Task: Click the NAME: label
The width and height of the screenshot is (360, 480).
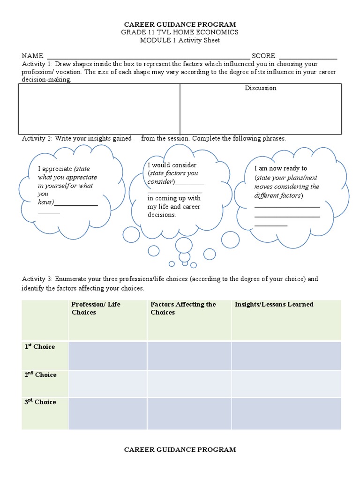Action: tap(33, 55)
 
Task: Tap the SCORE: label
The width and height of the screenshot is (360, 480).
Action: tap(264, 55)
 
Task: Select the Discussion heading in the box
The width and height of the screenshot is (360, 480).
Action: tap(261, 88)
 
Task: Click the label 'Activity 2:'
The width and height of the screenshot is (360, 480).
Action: tap(37, 139)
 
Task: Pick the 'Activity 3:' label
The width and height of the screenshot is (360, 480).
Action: tap(37, 279)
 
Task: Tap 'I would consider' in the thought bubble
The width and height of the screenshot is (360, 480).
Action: tap(172, 165)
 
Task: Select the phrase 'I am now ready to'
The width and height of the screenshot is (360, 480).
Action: tap(281, 168)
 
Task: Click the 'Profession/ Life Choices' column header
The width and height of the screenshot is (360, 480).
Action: tap(96, 308)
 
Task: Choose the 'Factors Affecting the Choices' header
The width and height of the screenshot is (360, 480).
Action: tap(183, 308)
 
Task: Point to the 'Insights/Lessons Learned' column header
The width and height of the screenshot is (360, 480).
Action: tap(274, 304)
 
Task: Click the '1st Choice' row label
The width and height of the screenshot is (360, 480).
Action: tap(40, 347)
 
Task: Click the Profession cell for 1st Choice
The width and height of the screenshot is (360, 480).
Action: tap(107, 356)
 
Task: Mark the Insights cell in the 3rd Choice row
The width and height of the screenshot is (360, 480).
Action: tap(286, 412)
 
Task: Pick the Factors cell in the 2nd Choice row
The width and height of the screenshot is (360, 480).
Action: tap(189, 383)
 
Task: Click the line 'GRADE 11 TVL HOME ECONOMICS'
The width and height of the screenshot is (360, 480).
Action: tap(180, 32)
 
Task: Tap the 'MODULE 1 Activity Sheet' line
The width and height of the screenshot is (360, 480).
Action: tap(180, 40)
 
